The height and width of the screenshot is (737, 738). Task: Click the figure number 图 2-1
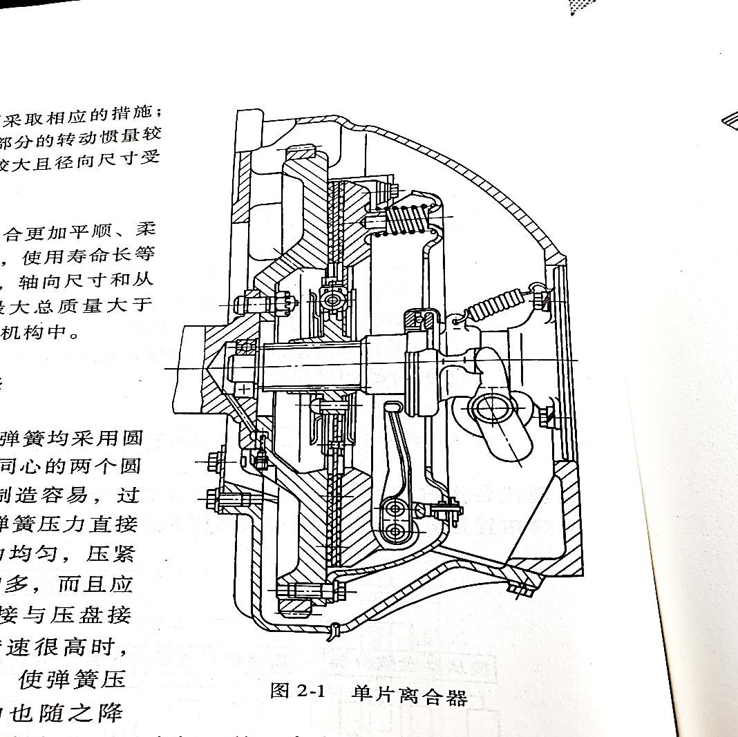(297, 691)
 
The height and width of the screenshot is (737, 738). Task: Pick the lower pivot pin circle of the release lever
(396, 532)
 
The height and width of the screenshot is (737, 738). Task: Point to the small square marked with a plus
(244, 390)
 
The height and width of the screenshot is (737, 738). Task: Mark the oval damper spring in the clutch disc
(334, 301)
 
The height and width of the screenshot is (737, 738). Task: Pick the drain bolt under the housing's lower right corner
(522, 588)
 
